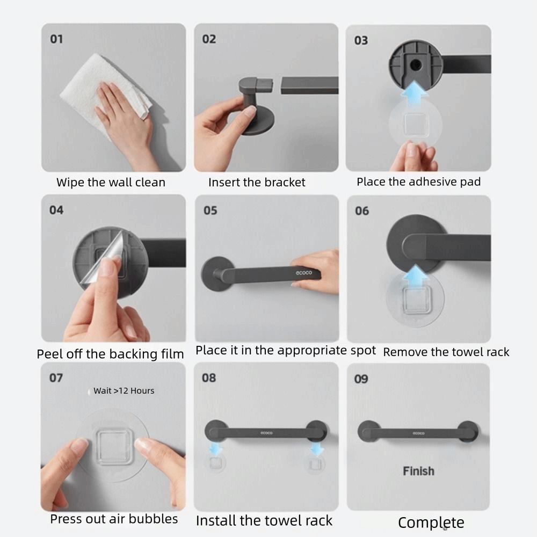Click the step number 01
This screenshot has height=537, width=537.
coord(56,39)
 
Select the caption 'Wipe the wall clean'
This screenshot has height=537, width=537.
coord(111,182)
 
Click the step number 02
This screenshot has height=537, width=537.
coord(209,39)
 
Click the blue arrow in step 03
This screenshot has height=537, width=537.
coord(415,93)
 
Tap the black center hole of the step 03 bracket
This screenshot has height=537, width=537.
coord(416,64)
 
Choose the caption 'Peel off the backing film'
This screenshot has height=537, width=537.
coord(110,354)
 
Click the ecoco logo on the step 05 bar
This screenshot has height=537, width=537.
coord(304,273)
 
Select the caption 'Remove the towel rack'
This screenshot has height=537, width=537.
coord(446,352)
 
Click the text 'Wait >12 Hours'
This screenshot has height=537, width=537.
coord(124,391)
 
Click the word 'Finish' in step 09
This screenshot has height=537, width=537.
coord(418,471)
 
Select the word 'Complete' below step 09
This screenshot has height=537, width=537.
coord(431,523)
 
